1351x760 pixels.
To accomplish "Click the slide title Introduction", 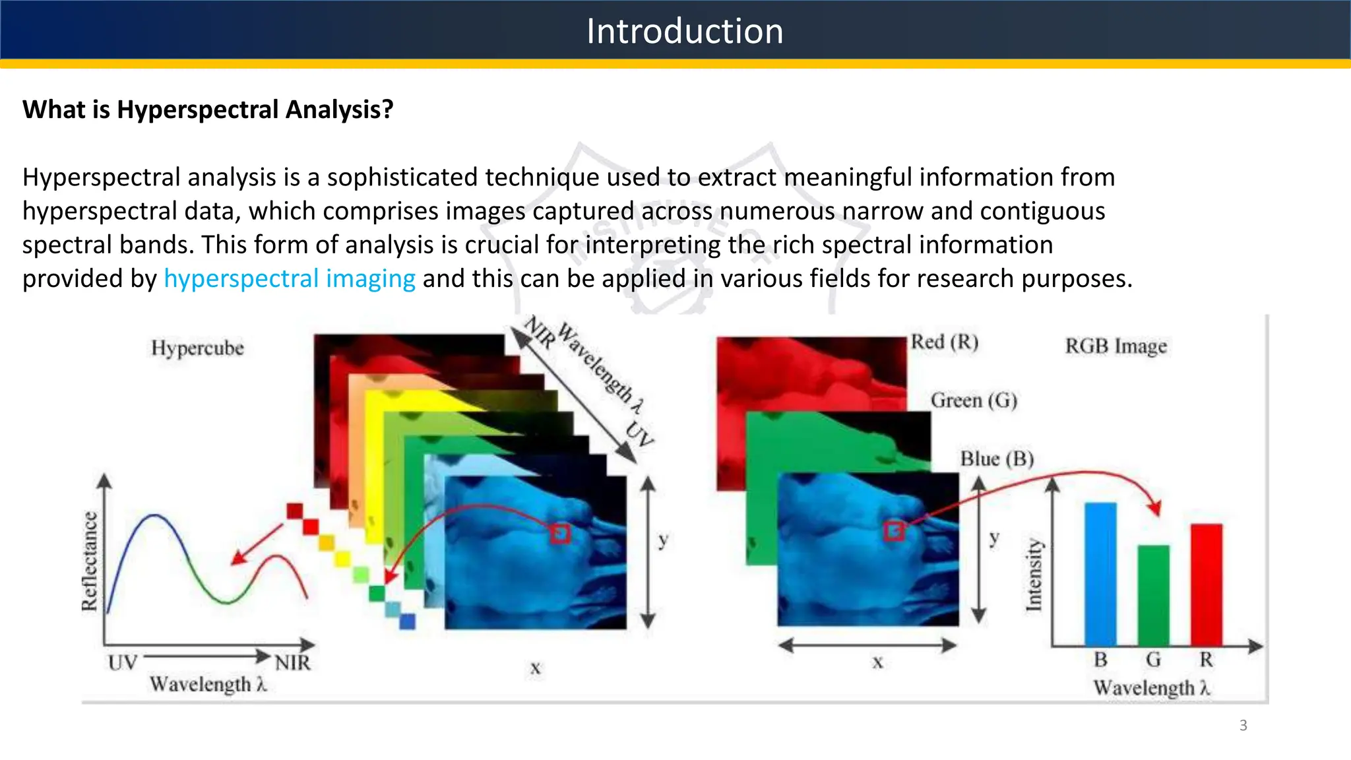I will tap(685, 31).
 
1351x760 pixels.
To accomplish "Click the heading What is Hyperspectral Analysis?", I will tap(208, 110).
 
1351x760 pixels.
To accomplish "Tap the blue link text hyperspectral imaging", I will tap(290, 278).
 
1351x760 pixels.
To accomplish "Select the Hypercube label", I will tap(197, 348).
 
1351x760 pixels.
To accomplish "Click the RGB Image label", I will tap(1115, 346).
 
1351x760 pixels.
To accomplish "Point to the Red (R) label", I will tap(944, 342).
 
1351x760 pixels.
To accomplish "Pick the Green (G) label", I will tap(974, 400).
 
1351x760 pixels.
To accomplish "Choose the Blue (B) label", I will tap(996, 459).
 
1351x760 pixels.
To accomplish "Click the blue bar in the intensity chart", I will tap(1100, 574).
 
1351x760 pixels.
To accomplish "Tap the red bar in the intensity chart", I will tap(1206, 585).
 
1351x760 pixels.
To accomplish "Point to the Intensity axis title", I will tap(1034, 575).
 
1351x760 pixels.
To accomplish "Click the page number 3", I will tap(1243, 726).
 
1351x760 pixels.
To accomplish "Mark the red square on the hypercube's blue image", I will tap(560, 533).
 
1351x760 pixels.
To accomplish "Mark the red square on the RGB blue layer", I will tap(894, 530).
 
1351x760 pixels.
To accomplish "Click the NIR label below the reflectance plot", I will tap(292, 662).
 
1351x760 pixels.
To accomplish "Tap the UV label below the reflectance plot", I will tap(123, 662).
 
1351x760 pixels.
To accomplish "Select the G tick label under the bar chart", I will tap(1153, 660).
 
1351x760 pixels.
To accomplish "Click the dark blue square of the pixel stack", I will tap(408, 621).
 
